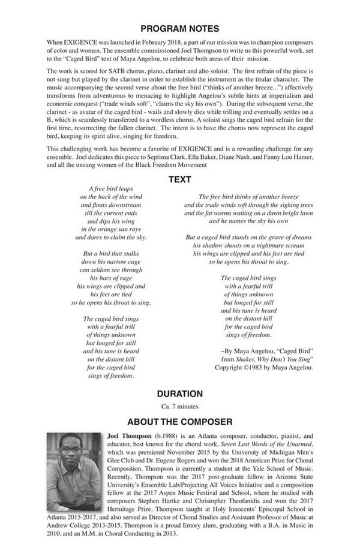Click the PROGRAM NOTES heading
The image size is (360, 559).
pos(179,28)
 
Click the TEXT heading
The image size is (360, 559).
pos(179,179)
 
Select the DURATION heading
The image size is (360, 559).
pos(179,394)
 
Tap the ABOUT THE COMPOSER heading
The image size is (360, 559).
pos(179,422)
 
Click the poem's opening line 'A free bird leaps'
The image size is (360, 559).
pos(110,189)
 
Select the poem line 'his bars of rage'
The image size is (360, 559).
pos(110,278)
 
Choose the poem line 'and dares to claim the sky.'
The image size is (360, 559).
pos(110,237)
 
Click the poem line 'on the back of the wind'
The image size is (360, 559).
pos(110,197)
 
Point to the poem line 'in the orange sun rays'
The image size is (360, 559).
pos(110,229)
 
